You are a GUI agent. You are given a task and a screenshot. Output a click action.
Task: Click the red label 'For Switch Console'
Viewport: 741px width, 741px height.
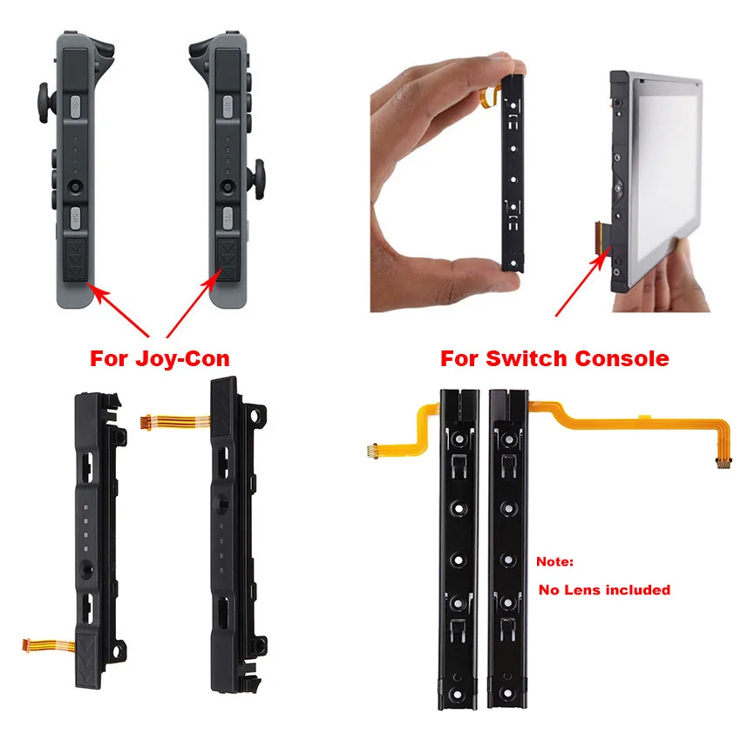(x=554, y=358)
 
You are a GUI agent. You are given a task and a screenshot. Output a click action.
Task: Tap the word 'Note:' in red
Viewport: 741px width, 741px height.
(x=555, y=563)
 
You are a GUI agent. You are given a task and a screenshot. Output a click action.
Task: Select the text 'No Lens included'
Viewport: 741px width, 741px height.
(x=604, y=590)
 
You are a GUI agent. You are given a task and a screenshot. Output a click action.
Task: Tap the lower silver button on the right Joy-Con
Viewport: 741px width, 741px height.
(x=226, y=214)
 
